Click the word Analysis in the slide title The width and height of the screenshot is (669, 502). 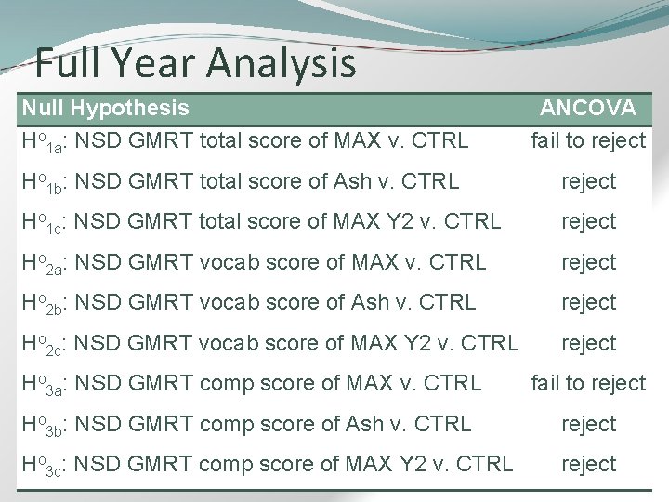[x=282, y=63]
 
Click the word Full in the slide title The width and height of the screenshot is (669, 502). [x=70, y=63]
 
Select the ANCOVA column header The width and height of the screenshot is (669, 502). [x=589, y=109]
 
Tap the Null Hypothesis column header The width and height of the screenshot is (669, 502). [x=105, y=109]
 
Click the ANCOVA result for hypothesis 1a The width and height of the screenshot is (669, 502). [x=588, y=141]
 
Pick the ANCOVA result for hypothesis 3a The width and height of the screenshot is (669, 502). [x=588, y=383]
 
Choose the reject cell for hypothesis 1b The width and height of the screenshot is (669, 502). [x=588, y=181]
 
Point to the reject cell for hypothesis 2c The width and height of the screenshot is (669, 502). [x=588, y=343]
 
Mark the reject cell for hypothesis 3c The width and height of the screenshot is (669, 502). [x=588, y=464]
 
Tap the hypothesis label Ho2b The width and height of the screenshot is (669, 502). [x=41, y=304]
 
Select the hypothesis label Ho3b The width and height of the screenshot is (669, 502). [x=41, y=426]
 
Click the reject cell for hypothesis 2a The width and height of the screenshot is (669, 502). [x=588, y=262]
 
